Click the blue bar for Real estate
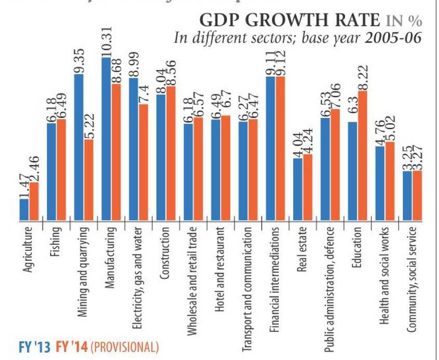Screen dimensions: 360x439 [x=298, y=189]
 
